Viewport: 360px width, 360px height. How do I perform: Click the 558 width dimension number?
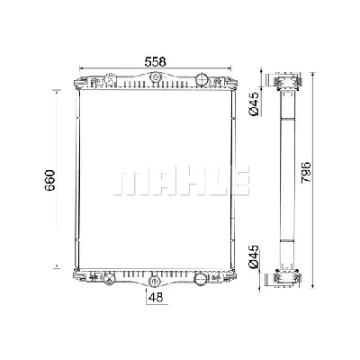pos(156,60)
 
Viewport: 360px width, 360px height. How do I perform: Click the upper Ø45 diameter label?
pos(256,105)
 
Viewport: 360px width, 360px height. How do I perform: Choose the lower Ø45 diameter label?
pos(256,257)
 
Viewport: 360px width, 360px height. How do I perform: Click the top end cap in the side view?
pos(288,85)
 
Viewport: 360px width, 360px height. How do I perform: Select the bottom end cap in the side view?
pos(288,274)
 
